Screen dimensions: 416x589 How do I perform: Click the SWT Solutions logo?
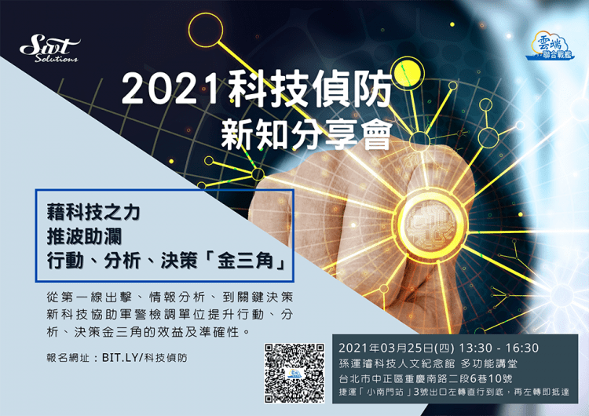tap(50, 49)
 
